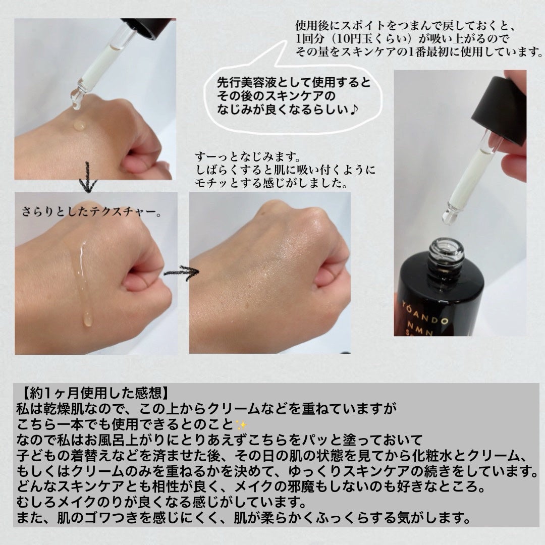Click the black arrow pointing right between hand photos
[x=181, y=272]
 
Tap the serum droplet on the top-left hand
[x=80, y=125]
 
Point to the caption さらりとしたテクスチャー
[x=91, y=211]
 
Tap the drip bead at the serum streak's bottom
[x=88, y=319]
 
